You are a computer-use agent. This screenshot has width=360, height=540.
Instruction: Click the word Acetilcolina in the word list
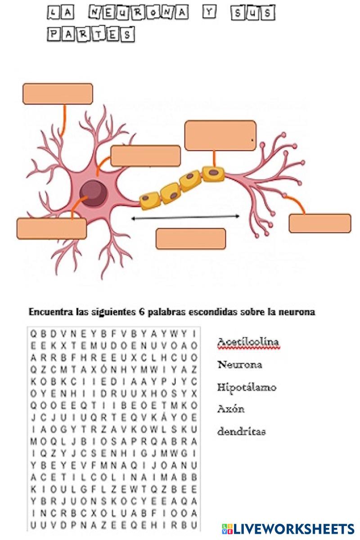248,342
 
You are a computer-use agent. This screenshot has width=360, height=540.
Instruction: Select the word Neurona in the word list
239,364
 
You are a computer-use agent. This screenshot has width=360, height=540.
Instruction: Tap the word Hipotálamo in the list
247,387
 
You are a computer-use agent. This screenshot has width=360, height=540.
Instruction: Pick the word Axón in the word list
231,409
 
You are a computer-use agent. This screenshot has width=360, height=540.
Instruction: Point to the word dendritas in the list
241,432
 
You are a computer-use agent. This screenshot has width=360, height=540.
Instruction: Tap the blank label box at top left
58,94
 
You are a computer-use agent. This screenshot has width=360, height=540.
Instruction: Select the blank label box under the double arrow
191,238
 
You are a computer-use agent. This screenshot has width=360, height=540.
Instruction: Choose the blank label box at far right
319,223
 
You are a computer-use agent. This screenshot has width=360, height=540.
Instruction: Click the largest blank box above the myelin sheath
220,135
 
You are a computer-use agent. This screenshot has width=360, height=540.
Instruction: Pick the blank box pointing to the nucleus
51,228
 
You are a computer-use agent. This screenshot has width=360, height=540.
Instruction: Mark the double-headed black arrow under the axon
185,217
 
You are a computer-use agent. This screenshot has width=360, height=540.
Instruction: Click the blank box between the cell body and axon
145,156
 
